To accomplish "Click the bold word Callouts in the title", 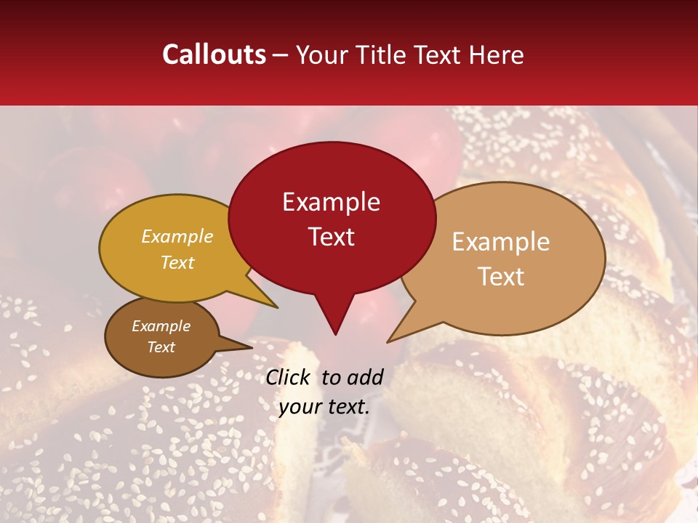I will (214, 54).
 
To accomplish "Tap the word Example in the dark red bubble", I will (331, 202).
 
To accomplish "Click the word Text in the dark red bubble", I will (331, 237).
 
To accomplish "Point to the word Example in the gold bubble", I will (177, 237).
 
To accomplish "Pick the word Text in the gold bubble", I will (177, 262).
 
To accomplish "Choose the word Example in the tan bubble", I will (501, 242).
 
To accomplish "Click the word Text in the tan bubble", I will (501, 277).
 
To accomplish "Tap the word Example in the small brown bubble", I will (161, 326).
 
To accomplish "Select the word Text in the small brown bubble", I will (161, 347).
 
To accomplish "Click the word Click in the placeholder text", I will (289, 377).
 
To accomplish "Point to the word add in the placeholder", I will (365, 377).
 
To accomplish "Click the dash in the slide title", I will (281, 54).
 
